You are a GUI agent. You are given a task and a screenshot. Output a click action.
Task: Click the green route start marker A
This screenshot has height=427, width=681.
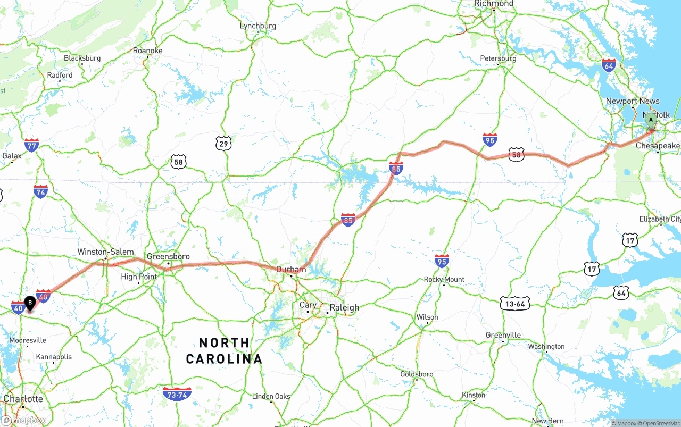650,120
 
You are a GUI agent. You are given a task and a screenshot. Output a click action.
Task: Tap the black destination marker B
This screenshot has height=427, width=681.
30,303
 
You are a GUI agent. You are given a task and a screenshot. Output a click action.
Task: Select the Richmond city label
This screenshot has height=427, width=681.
494,4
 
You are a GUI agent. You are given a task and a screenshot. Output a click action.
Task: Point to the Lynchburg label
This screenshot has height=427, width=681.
258,26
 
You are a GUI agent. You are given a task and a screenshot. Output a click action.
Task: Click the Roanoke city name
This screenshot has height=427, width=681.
147,51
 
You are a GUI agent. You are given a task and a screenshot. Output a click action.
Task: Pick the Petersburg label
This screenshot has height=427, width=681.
498,58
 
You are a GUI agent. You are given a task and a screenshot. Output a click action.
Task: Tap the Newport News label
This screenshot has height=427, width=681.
632,101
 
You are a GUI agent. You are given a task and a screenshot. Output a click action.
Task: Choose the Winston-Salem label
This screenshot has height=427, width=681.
105,252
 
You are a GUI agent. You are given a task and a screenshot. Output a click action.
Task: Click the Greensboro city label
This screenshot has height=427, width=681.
168,256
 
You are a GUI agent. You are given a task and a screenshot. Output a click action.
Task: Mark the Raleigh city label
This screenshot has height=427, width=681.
344,307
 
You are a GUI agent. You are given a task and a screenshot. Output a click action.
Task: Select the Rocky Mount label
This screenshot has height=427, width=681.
444,279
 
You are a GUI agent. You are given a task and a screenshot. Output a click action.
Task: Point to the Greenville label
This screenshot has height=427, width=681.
503,335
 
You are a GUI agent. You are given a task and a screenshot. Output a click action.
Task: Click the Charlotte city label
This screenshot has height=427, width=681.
23,399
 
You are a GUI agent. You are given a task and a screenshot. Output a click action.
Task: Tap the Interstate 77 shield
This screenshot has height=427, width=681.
31,145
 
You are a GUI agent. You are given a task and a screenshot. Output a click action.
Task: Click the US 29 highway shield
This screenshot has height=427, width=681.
223,143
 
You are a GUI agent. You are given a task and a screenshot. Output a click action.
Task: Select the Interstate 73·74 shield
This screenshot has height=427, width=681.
177,394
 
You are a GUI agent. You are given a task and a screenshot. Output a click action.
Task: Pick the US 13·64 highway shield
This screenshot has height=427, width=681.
515,304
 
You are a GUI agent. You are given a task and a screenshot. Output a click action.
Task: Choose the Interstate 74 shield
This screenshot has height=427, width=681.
40,191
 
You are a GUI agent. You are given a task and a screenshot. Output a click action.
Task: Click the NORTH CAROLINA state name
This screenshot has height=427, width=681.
224,350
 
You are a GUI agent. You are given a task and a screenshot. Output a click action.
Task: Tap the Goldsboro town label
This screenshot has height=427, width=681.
417,374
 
